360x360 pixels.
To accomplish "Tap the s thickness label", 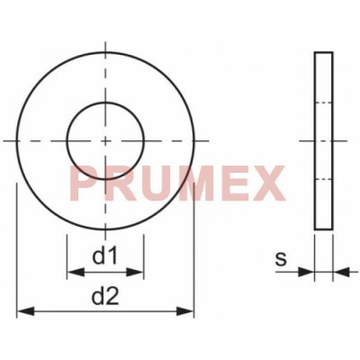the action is pyautogui.click(x=281, y=259).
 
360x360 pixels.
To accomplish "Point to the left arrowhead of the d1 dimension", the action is pyautogui.click(x=76, y=273).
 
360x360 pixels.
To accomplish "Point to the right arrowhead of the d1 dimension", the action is pyautogui.click(x=135, y=273).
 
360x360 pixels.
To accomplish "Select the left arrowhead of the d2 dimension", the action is pyautogui.click(x=26, y=311).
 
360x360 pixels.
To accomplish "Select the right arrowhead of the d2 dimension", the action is pyautogui.click(x=185, y=311).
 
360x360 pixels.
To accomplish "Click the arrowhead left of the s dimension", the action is pyautogui.click(x=306, y=272).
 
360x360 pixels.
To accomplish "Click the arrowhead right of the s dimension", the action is pyautogui.click(x=341, y=272).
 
